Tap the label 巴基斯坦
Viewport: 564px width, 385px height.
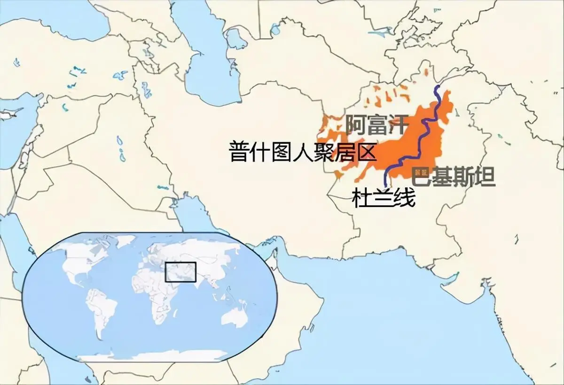point(453,177)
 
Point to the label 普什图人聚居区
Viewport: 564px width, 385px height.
point(303,152)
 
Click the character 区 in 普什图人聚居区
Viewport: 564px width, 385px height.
point(368,152)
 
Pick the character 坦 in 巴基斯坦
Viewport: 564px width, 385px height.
point(485,177)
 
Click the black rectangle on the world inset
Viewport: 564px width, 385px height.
point(180,272)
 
